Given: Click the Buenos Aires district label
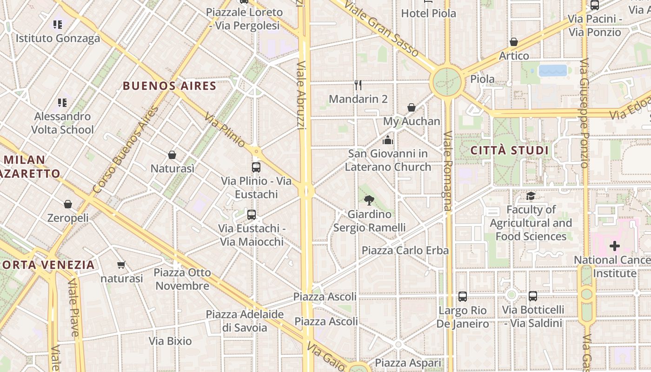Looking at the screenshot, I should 170,86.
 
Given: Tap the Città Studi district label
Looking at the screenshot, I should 510,151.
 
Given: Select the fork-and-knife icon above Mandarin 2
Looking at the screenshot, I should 358,85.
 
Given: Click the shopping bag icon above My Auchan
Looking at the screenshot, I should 412,108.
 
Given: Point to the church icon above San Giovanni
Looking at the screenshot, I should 388,139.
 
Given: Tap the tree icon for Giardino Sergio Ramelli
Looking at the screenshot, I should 369,200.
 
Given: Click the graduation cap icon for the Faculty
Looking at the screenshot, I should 531,196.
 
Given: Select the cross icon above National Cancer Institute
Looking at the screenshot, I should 615,246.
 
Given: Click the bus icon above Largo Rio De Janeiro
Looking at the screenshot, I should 462,297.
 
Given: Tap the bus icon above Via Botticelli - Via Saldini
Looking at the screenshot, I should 533,296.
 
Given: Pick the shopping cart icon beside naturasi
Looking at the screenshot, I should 121,265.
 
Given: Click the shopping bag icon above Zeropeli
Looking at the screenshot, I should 68,204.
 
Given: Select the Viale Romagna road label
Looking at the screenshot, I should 447,171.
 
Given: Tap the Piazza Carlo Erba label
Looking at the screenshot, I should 405,250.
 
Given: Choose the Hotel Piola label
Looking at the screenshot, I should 428,13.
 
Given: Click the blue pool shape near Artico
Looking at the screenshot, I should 553,71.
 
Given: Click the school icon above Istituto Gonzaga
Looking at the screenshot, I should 58,25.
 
